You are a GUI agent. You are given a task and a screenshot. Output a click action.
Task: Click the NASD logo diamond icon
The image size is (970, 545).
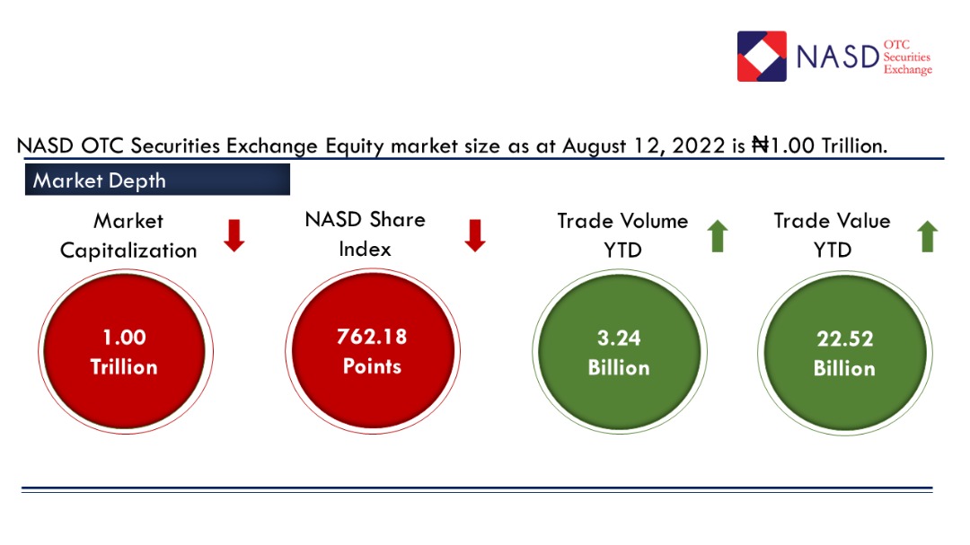[x=762, y=57]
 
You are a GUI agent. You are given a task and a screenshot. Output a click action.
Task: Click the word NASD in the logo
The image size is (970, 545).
[x=836, y=57]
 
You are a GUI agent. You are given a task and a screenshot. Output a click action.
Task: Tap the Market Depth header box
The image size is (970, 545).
[x=157, y=180]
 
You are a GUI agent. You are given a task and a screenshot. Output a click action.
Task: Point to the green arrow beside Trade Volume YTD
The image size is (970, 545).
[x=718, y=235]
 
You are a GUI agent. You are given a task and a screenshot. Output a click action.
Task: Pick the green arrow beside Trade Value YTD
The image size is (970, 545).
[x=927, y=235]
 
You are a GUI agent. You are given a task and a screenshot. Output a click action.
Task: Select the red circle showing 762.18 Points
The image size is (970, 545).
[x=371, y=352]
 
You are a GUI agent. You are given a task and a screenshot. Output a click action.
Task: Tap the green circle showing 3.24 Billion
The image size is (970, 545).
[x=618, y=352]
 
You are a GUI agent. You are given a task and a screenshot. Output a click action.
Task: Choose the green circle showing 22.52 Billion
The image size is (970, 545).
[x=844, y=353]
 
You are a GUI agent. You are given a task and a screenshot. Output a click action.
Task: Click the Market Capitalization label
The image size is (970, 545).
[x=128, y=235]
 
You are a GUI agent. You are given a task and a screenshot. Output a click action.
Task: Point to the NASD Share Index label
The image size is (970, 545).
[x=365, y=233]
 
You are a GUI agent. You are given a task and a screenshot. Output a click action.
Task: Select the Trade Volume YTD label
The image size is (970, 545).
[x=622, y=234]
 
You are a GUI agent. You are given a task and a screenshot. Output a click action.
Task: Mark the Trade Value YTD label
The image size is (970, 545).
[x=832, y=234]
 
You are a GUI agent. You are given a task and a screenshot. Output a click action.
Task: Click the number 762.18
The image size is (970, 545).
[x=371, y=337]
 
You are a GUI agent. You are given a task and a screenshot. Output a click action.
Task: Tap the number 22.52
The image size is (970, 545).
[x=844, y=338]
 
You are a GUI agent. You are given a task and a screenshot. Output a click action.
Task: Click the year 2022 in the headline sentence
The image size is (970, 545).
[x=695, y=145]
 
